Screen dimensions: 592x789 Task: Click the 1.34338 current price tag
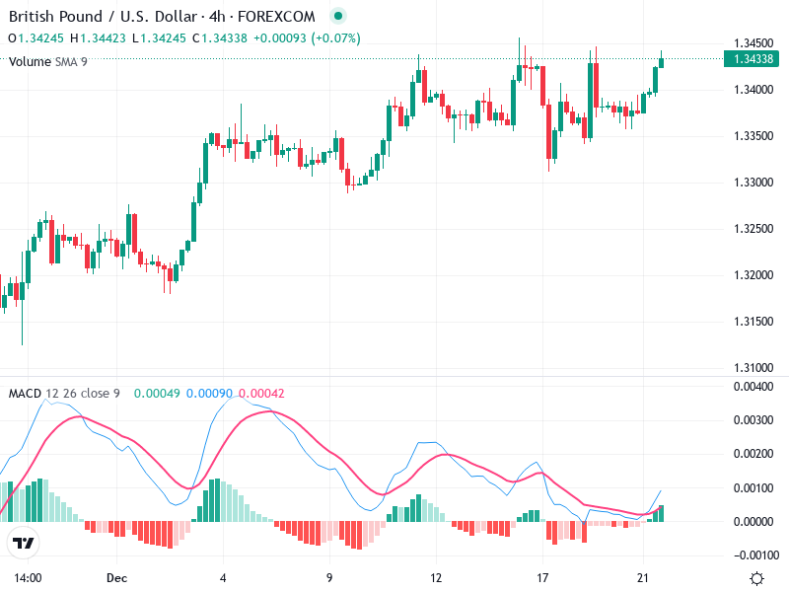pos(753,59)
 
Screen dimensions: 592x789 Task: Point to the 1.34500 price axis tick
pos(753,43)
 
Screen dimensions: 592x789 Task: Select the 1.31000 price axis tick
pos(753,367)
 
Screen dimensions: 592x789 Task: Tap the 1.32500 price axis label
pos(753,229)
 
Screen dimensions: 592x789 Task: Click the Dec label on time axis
pos(117,577)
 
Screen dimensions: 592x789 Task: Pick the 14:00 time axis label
pos(28,577)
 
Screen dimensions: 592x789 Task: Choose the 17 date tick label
pos(541,577)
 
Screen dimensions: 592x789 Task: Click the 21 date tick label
pos(643,577)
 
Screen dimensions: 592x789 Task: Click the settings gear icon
pos(756,578)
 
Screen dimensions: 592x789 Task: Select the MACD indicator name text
pos(25,394)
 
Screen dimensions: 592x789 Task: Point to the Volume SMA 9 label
pos(48,61)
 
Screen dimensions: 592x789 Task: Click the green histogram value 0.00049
pos(158,394)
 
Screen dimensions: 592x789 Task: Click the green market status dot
pos(338,16)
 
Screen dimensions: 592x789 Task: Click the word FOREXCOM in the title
pos(289,16)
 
